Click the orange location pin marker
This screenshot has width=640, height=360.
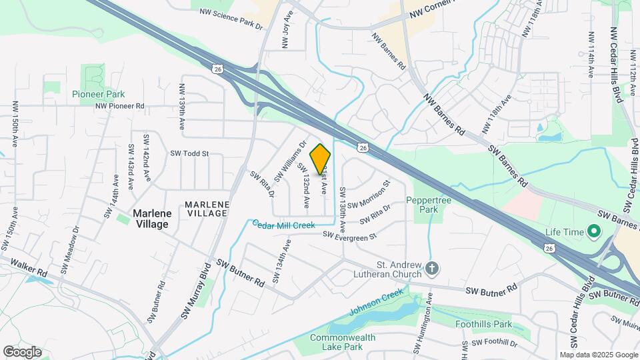coord(321,159)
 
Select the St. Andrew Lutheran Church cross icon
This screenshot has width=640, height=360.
coord(432,269)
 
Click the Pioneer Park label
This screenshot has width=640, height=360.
coord(99,95)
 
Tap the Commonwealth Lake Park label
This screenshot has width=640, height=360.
coord(343,342)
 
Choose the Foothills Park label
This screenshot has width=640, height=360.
coord(483,325)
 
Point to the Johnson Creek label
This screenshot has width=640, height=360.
coord(377,301)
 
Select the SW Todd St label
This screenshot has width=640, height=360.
coord(190,153)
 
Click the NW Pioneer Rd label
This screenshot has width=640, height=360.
coord(120,106)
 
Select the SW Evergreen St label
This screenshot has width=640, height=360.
coord(350,235)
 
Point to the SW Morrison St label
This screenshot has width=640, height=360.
coord(367,194)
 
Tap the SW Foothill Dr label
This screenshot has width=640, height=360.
coord(494,343)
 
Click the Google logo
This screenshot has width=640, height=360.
coord(22,351)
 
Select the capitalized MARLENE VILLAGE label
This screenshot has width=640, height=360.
coord(207,209)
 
